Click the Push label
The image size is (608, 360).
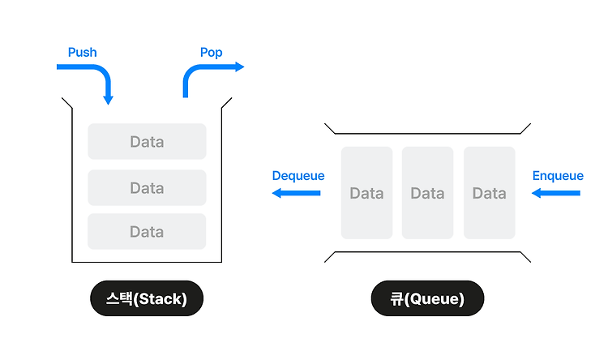82,53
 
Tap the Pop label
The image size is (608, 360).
212,53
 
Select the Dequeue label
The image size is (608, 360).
298,176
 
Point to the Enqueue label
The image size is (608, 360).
558,176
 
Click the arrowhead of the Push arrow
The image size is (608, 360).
108,100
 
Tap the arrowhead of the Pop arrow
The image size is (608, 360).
240,66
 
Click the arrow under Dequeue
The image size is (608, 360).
296,193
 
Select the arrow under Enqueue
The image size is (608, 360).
555,193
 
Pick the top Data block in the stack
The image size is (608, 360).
147,141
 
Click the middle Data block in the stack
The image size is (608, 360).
147,188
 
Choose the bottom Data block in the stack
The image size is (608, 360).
147,232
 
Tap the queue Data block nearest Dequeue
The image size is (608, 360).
366,193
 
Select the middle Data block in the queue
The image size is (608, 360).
428,193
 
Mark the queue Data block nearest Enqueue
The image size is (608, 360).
490,193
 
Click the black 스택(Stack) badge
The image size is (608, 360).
147,298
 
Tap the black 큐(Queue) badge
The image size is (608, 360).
427,298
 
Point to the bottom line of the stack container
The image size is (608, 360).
147,262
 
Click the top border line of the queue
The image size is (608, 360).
427,134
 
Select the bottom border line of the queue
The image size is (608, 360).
427,252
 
